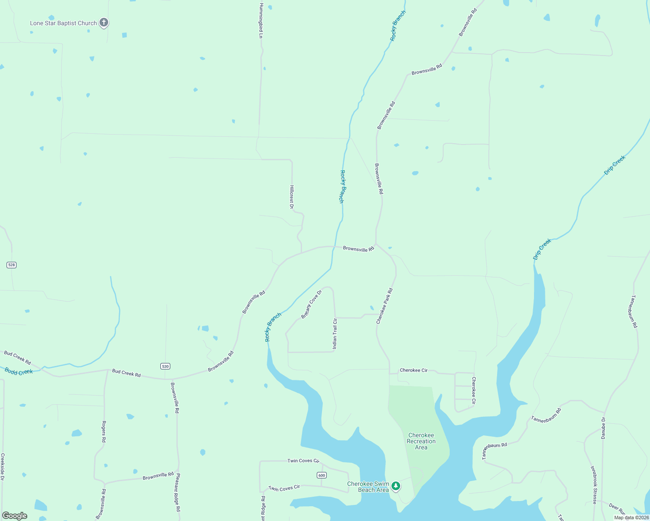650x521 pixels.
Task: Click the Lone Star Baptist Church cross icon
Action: click(x=104, y=23)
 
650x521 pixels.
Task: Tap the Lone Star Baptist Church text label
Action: click(x=63, y=23)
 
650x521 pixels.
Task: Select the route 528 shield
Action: click(x=11, y=265)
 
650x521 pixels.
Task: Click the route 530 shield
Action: click(x=165, y=366)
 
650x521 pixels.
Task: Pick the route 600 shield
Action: click(x=322, y=475)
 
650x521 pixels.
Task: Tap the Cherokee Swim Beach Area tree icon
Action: click(x=396, y=486)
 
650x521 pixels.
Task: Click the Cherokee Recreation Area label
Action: click(x=421, y=441)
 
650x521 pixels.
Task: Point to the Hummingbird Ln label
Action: click(x=261, y=21)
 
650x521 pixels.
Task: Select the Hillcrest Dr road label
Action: click(x=292, y=197)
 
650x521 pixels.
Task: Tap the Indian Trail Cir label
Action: click(x=335, y=334)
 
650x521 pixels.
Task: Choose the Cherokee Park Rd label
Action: click(x=385, y=306)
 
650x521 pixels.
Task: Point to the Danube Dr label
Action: click(x=603, y=428)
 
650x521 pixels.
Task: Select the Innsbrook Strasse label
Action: click(x=594, y=485)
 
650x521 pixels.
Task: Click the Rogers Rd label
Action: click(x=103, y=432)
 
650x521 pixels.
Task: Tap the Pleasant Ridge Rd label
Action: click(x=178, y=492)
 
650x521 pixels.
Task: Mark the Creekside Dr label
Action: click(x=3, y=467)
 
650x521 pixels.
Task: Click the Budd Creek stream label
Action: click(x=19, y=371)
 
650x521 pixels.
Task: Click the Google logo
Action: click(x=15, y=516)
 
